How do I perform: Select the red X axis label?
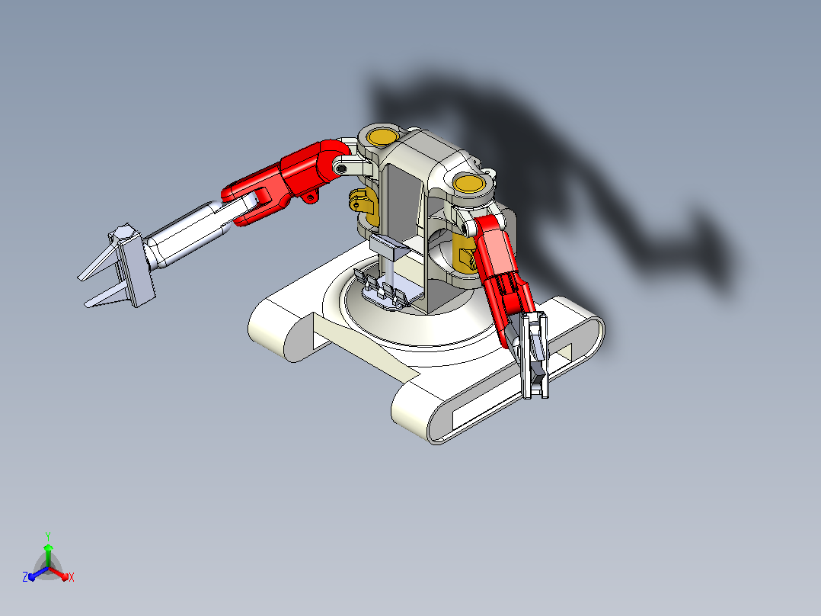tap(72, 577)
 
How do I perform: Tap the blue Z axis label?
tap(25, 576)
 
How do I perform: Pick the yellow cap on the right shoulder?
tap(469, 184)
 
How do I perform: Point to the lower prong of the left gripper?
tap(105, 297)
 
